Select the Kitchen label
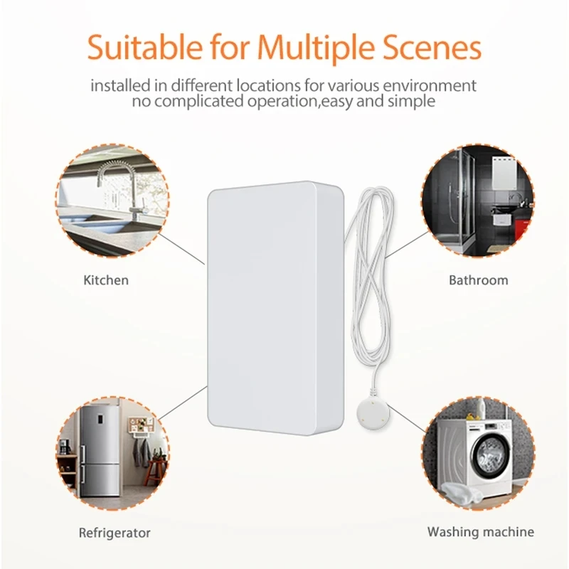106,280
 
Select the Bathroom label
478,280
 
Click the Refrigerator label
115,532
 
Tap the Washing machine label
480,532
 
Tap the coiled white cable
370,270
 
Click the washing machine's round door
488,456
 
